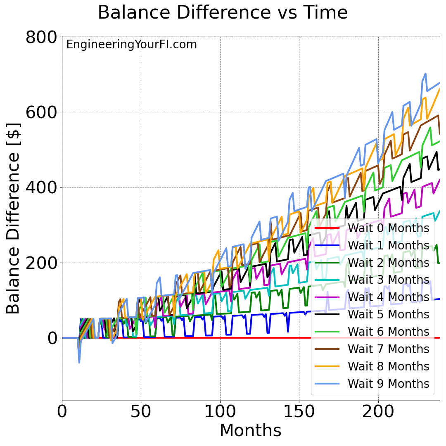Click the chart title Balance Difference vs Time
point(223,13)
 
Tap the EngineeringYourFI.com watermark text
point(131,45)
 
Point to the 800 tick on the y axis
point(41,37)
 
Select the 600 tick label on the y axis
point(41,112)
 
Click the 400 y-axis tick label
point(41,187)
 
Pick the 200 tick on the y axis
point(41,263)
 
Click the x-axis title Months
point(250,431)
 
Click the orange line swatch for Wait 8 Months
point(327,366)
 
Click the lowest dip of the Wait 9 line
point(79,363)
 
